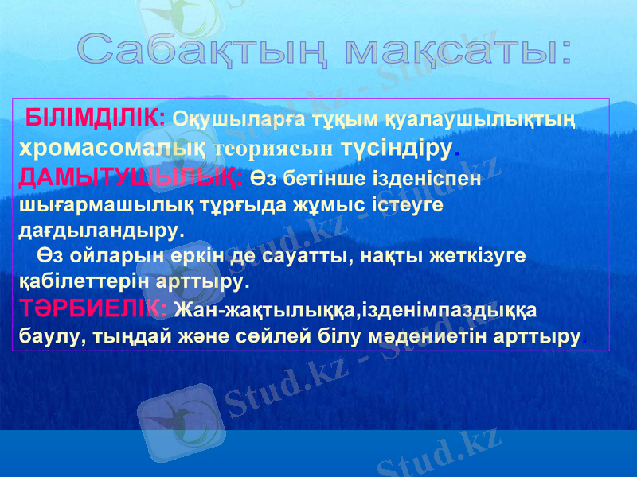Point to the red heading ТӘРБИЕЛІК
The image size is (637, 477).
92,306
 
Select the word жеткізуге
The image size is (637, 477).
480,256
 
